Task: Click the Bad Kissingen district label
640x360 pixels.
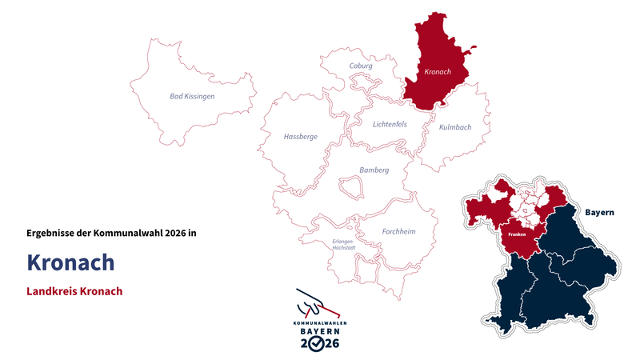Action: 192,96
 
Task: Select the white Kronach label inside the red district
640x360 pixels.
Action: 438,73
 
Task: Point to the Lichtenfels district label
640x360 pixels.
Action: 390,124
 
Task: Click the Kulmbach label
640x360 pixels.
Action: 455,127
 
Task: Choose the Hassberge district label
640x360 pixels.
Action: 301,137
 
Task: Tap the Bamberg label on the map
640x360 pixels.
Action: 374,170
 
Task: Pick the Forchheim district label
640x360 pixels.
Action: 398,232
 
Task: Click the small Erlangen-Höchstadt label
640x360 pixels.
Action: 338,245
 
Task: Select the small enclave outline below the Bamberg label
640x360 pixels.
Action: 350,188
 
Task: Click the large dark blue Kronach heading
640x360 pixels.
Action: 70,262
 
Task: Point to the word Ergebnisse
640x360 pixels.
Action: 50,233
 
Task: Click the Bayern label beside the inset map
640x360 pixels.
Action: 599,213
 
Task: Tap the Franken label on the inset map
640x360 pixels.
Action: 516,234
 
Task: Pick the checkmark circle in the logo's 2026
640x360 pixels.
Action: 319,343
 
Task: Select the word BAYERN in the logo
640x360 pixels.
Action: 319,330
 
